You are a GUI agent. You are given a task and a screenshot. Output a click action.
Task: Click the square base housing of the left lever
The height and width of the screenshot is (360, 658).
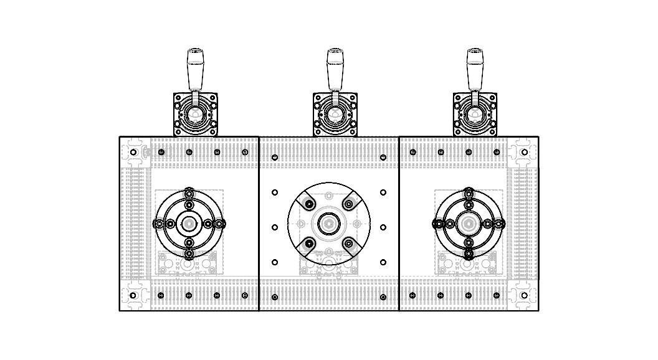[x=196, y=115]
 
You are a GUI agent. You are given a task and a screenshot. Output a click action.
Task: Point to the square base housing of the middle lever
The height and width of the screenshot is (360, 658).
[x=335, y=115]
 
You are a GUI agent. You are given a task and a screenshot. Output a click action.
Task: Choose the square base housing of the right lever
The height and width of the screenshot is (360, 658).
[x=475, y=115]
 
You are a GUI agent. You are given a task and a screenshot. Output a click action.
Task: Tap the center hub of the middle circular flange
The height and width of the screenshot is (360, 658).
[x=329, y=223]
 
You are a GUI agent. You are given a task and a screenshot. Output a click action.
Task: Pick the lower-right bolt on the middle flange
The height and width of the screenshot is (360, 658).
[x=348, y=243]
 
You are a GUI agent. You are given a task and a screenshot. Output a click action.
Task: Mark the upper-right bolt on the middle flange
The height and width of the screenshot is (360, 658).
[x=348, y=204]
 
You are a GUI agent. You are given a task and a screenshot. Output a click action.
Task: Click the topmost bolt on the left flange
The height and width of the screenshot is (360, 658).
[x=189, y=193]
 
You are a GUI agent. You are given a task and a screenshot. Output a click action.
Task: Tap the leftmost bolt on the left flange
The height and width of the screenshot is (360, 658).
[x=160, y=224]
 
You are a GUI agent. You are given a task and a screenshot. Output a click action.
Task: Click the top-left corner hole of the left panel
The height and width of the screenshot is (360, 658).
[x=133, y=152]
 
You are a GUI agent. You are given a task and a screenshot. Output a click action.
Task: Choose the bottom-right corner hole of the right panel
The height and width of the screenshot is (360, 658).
[x=524, y=295]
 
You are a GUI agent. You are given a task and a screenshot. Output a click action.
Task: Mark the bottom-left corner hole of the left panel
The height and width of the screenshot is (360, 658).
[x=133, y=295]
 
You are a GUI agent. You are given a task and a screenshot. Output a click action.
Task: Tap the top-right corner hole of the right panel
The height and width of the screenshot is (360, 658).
[x=524, y=152]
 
